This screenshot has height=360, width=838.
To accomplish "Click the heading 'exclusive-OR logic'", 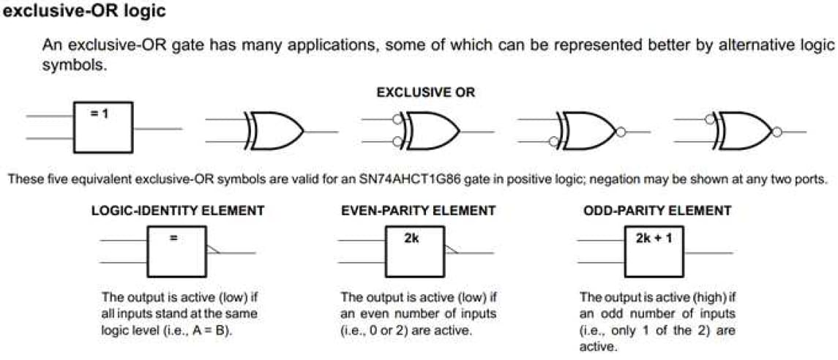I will pos(84,12).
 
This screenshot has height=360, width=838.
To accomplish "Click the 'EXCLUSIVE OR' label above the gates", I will pos(425,93).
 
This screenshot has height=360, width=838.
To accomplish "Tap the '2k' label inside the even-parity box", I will pos(413,237).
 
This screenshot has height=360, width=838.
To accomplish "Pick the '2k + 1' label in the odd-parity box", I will pos(654,237).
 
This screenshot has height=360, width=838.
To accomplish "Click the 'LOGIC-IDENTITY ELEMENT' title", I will pos(178,211).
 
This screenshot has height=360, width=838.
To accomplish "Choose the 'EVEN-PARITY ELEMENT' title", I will pos(418,211).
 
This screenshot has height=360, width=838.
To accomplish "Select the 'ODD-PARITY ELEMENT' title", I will pos(656,211).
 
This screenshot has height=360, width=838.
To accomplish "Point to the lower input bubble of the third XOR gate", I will pos(396,141).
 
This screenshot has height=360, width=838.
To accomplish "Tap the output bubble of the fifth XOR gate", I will pos(777,132).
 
